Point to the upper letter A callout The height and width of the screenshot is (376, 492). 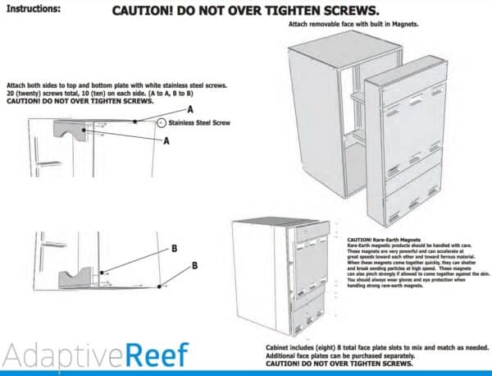(189, 109)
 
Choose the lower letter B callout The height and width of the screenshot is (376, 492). (195, 266)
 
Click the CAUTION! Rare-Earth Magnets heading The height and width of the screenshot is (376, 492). (385, 236)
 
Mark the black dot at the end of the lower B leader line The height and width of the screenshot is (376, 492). (163, 287)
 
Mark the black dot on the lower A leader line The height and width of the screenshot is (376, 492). (102, 129)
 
